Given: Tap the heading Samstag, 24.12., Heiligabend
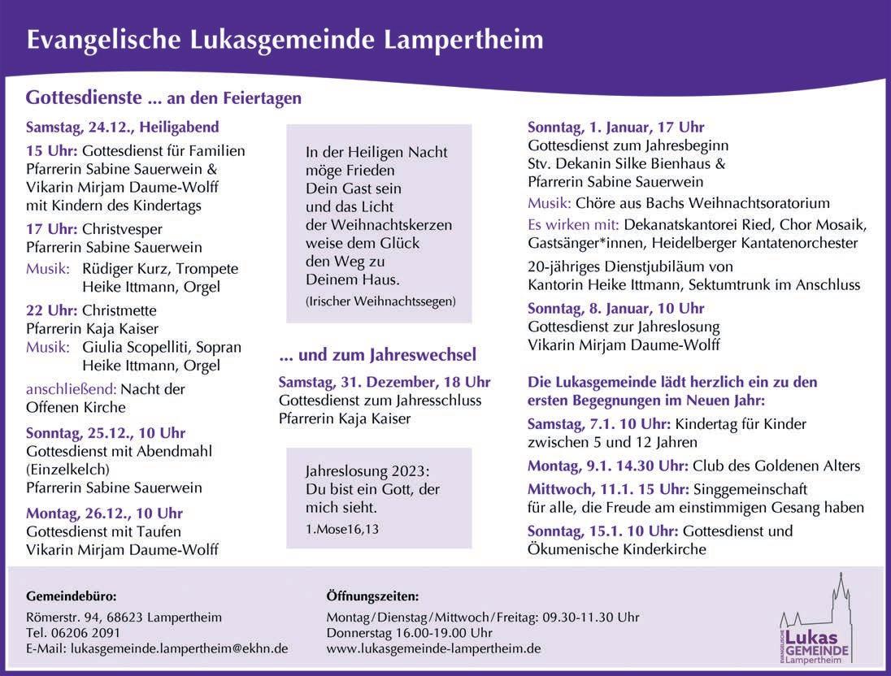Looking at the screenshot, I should coord(122,128).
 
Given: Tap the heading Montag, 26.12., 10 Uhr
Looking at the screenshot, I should coord(104,513).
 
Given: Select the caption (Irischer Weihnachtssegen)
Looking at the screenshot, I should coord(380,301).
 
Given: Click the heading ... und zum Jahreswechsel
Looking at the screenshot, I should coord(377,355).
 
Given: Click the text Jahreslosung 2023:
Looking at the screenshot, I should coord(367,472).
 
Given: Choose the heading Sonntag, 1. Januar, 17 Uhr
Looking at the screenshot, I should coord(615,128).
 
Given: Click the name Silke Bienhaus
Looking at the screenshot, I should coord(668,163).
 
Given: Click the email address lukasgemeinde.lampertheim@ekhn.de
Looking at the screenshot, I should coord(180,648).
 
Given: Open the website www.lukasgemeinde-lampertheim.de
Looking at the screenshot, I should coord(433,648).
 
